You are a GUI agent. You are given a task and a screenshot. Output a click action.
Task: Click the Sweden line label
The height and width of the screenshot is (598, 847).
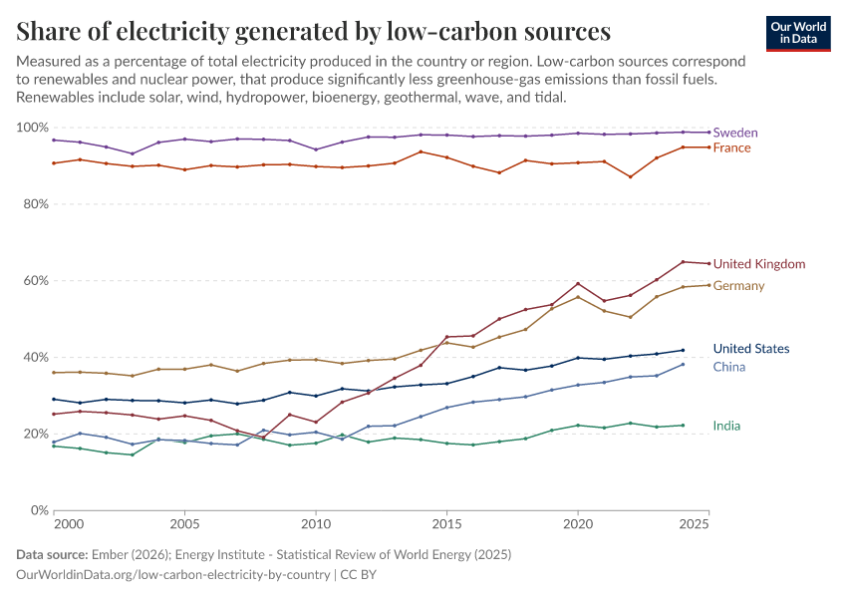[736, 133]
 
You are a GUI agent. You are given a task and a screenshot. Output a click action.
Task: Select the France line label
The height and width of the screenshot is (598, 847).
[732, 148]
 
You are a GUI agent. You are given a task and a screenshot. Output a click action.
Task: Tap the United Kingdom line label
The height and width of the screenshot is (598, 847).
[758, 264]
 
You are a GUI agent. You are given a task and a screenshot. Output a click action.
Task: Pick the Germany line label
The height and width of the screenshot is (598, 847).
[738, 286]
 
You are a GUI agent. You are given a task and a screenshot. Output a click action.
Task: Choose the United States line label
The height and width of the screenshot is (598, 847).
[751, 349]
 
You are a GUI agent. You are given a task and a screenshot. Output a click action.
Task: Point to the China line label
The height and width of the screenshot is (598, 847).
[728, 367]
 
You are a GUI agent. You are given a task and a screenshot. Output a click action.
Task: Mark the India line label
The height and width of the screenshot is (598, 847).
[726, 426]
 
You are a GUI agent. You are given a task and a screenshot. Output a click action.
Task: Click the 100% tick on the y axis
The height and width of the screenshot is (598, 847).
[33, 128]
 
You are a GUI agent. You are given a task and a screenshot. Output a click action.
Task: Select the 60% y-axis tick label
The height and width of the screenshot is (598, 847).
[36, 281]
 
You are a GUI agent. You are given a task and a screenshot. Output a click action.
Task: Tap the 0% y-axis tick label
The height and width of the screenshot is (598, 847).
[40, 510]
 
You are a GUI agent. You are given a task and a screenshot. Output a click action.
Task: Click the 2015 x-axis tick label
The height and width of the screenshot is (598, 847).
[446, 523]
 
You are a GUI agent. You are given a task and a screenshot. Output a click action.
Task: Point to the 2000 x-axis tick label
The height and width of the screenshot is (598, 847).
[69, 523]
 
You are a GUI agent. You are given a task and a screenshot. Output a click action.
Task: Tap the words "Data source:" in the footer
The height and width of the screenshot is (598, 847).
[50, 554]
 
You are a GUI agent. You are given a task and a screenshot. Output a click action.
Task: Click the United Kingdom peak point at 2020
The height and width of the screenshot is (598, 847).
[578, 283]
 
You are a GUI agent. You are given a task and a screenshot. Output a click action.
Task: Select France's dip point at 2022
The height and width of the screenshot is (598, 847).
[630, 177]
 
